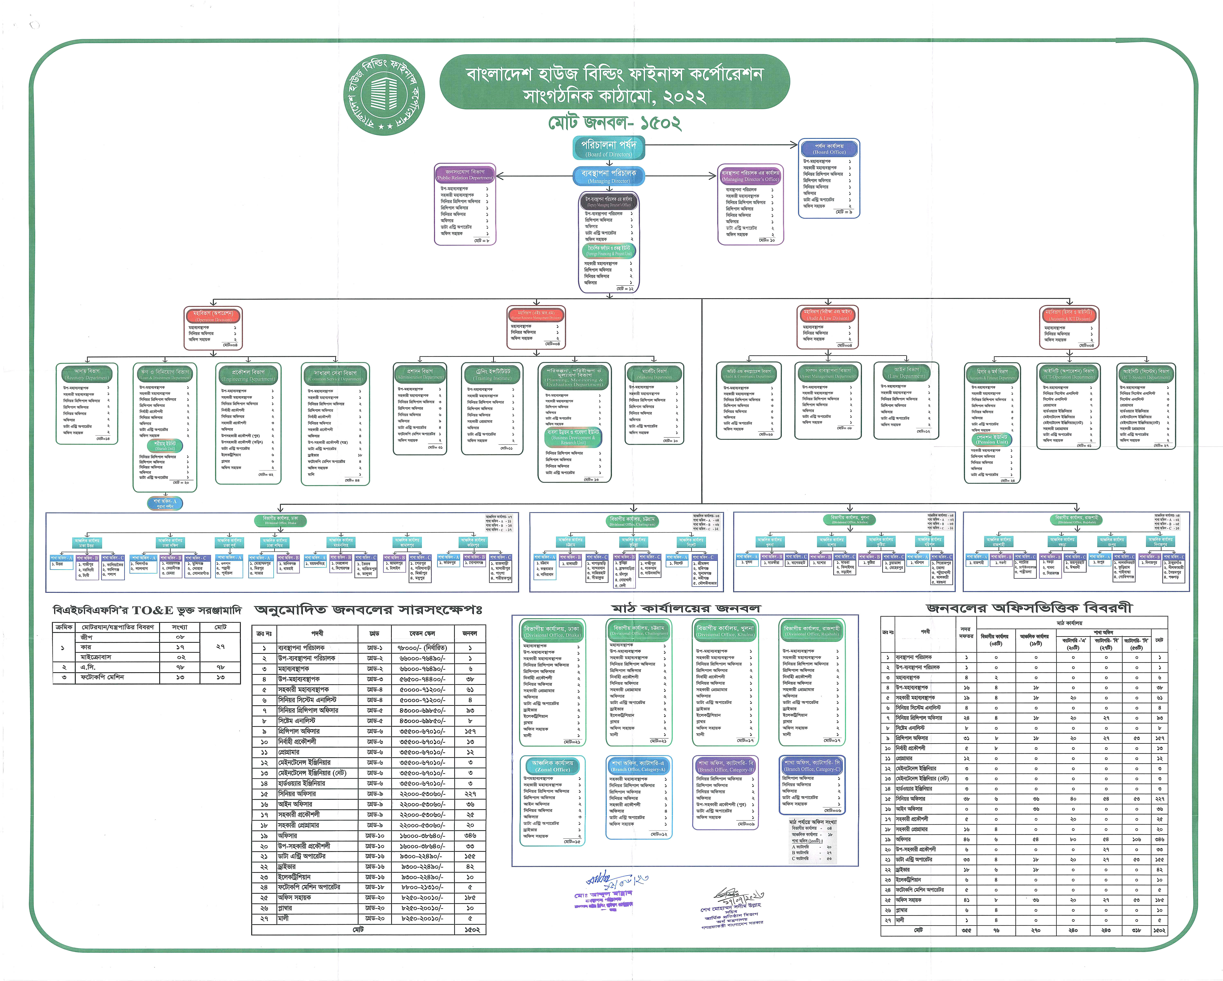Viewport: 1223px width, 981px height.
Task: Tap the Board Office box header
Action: pyautogui.click(x=829, y=149)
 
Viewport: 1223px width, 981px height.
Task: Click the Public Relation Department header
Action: pyautogui.click(x=465, y=174)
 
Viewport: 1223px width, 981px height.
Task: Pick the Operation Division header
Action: pyautogui.click(x=213, y=316)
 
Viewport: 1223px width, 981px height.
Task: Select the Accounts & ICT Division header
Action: pyautogui.click(x=1069, y=315)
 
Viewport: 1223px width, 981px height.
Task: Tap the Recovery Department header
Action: pyautogui.click(x=87, y=374)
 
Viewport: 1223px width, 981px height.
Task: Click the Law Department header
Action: pyautogui.click(x=906, y=373)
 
